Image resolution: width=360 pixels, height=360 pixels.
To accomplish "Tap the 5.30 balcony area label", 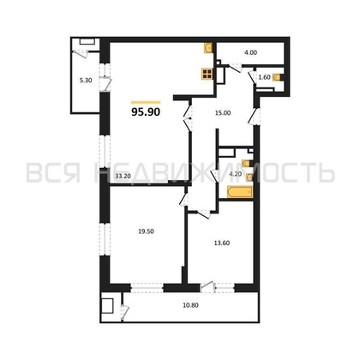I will click(x=84, y=80).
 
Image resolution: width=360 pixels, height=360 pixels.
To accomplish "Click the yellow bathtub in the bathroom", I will click(x=237, y=193).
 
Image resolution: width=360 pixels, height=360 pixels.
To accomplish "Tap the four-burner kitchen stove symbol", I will click(x=206, y=74).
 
